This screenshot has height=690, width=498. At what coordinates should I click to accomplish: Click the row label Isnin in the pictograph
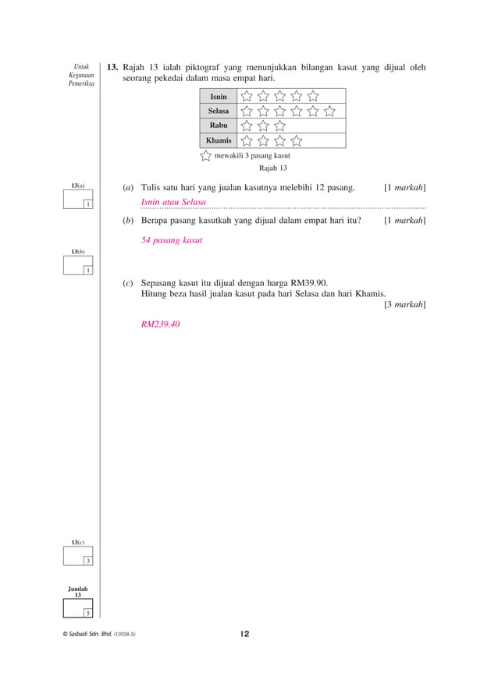coord(219,97)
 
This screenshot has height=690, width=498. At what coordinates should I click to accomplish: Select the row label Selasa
coord(219,111)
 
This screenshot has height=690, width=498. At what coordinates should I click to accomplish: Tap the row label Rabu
coord(219,126)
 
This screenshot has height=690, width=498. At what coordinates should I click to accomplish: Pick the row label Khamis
coord(219,140)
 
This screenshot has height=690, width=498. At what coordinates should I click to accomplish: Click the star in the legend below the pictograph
coord(205,155)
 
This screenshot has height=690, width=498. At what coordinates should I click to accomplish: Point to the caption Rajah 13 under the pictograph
coord(273,168)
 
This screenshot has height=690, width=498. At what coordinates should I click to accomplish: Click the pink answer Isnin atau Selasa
coord(173,203)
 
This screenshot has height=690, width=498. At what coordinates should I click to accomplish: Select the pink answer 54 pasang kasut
coord(172,240)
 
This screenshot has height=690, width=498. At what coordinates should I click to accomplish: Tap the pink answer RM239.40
coord(160,324)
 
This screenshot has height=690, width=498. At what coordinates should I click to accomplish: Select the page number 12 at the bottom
coord(244,634)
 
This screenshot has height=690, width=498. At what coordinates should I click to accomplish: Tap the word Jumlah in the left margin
coord(77,589)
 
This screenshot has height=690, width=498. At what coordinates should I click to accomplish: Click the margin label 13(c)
coord(77,541)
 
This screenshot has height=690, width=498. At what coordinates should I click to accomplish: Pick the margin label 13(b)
coord(77,252)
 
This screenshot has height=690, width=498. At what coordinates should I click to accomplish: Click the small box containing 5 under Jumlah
coord(87,612)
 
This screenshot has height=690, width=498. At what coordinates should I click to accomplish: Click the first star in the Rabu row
coord(247,126)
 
